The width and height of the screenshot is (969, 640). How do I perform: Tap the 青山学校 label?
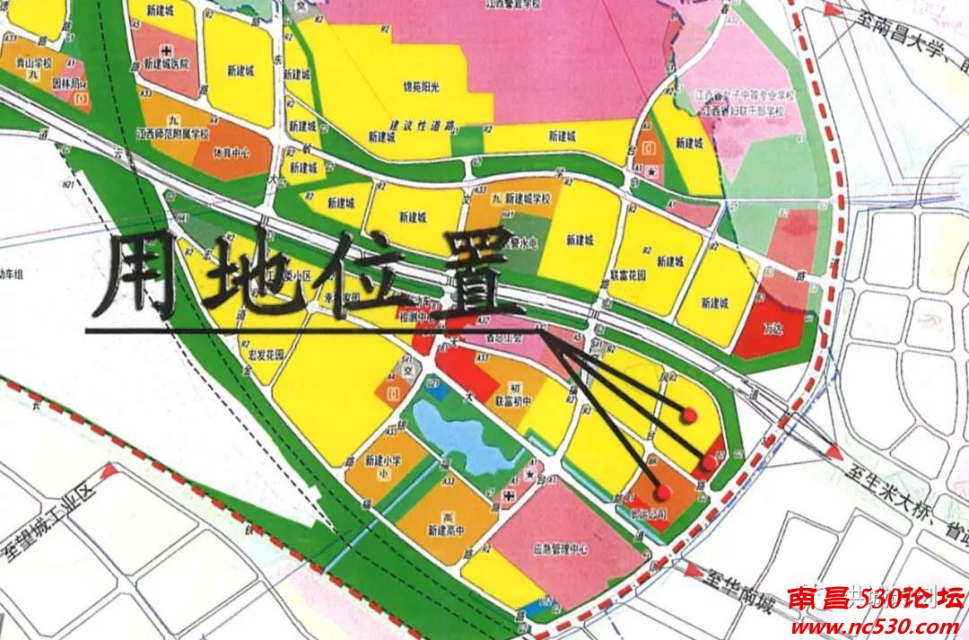point(35,64)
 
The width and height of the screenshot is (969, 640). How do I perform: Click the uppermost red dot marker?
point(690,415)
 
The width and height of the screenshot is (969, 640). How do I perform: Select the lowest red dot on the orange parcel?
point(663,491)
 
